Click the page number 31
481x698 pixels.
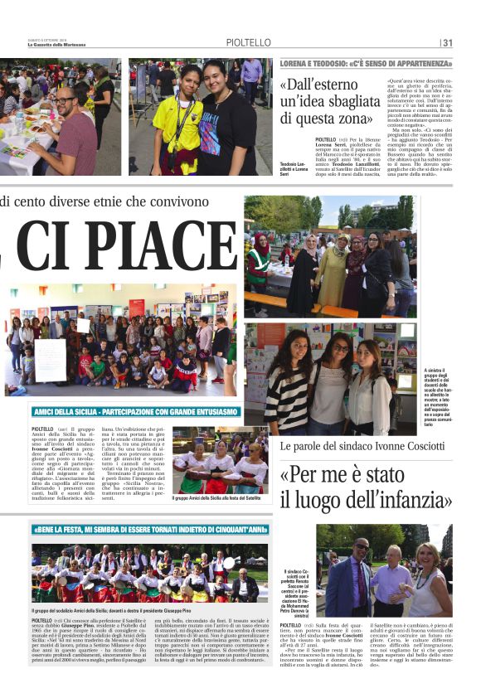coord(448,43)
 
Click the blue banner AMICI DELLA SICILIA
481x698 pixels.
coord(136,411)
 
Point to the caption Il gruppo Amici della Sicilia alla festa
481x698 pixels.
coord(221,497)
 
